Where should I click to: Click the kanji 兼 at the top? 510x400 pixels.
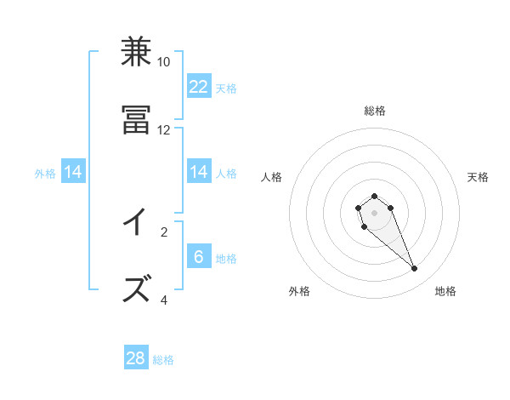tap(136, 53)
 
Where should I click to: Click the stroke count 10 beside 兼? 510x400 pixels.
tap(163, 62)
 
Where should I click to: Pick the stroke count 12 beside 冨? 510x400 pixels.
tap(163, 130)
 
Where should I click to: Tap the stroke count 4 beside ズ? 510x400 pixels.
tap(163, 300)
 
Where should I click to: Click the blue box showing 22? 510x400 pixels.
tap(199, 87)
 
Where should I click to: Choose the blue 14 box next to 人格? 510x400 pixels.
tap(199, 172)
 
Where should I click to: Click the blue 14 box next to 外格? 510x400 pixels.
tap(73, 172)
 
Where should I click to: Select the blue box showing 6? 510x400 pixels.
tap(199, 257)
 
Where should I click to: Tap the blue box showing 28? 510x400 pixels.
tap(136, 358)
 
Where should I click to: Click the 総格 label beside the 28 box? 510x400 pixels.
tap(163, 360)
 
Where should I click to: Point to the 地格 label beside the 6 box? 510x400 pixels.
tap(226, 258)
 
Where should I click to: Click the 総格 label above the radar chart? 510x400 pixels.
tap(375, 111)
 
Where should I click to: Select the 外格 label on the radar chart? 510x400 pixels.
tap(299, 291)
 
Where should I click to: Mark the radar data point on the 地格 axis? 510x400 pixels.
tap(415, 269)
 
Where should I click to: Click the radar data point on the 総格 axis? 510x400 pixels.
tap(374, 196)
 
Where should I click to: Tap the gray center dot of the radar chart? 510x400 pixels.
tap(374, 213)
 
